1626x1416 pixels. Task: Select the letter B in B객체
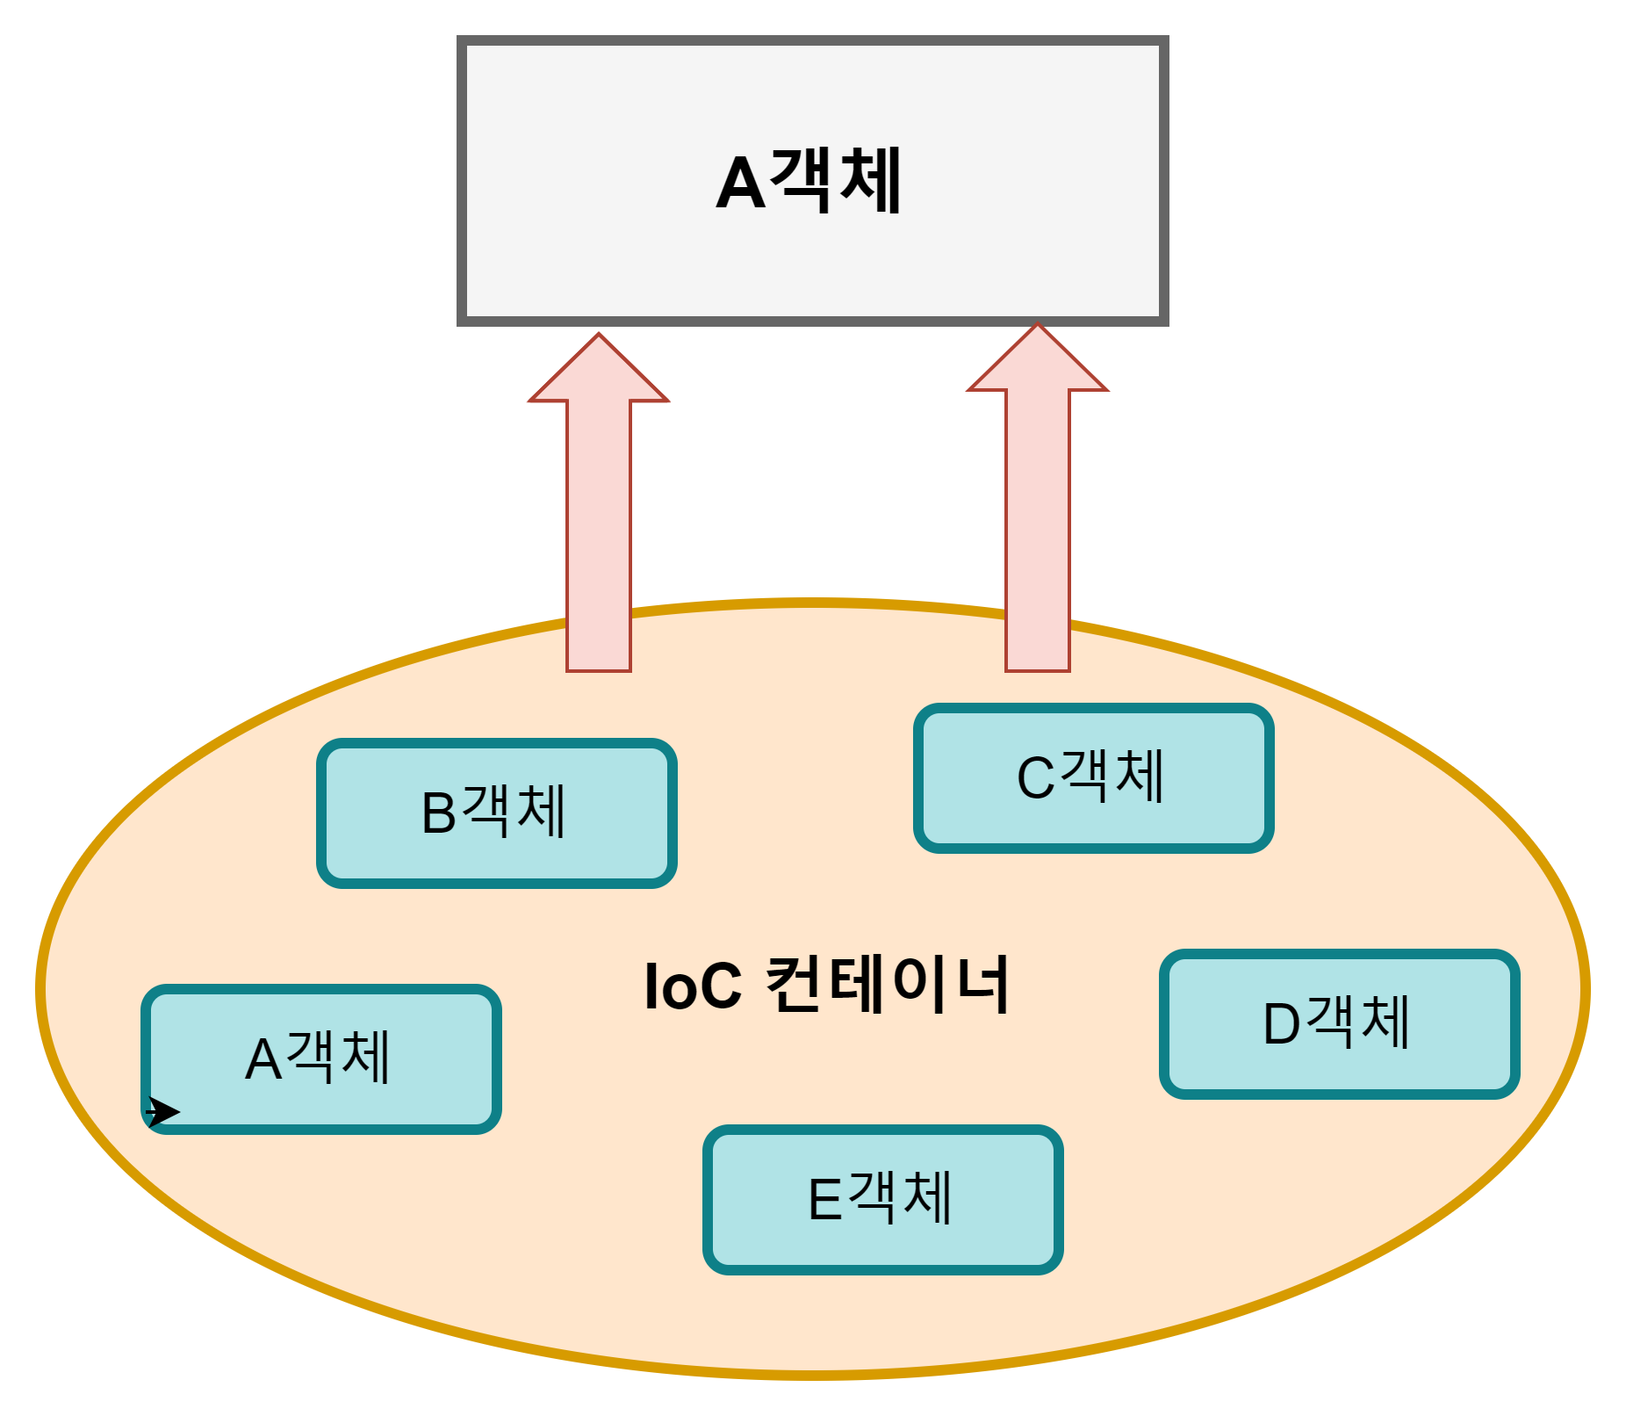pyautogui.click(x=439, y=813)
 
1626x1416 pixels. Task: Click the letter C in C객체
pyautogui.click(x=1035, y=778)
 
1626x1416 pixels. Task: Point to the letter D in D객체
pyautogui.click(x=1281, y=1024)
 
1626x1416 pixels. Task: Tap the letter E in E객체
pyautogui.click(x=824, y=1200)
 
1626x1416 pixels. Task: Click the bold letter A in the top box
pyautogui.click(x=740, y=184)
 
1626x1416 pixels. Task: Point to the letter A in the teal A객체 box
pyautogui.click(x=263, y=1059)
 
